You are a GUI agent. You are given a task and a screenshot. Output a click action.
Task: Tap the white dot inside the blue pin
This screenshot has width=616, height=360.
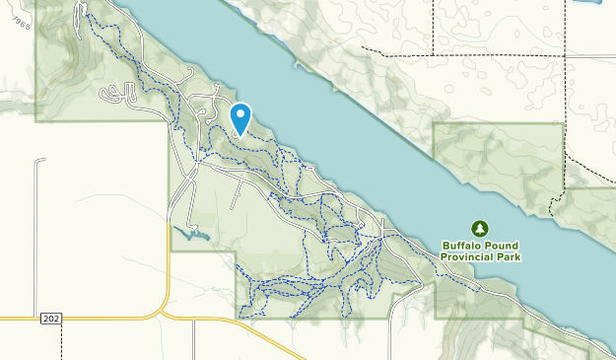[x=240, y=114]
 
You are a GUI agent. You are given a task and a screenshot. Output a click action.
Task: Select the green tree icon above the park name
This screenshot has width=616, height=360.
[x=480, y=229]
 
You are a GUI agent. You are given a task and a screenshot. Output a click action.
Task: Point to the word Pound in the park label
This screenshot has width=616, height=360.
[x=501, y=246]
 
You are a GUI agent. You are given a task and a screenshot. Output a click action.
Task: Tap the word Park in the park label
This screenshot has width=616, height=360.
[x=510, y=256]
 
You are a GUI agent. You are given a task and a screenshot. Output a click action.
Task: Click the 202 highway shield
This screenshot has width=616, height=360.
[x=51, y=319]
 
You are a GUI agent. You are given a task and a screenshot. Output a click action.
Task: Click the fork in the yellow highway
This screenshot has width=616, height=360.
[x=164, y=313]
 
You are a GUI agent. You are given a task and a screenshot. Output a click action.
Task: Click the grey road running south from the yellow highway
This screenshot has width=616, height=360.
[x=194, y=340]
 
